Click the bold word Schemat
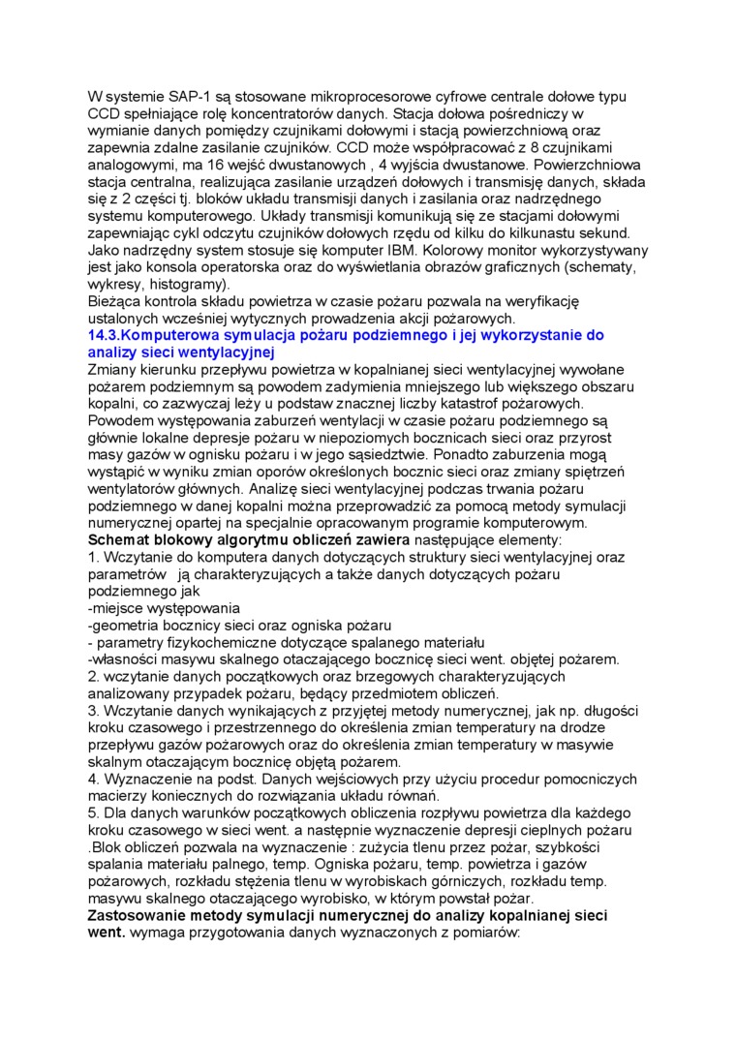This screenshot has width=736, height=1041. [122, 540]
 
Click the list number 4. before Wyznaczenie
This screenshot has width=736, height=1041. [93, 778]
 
